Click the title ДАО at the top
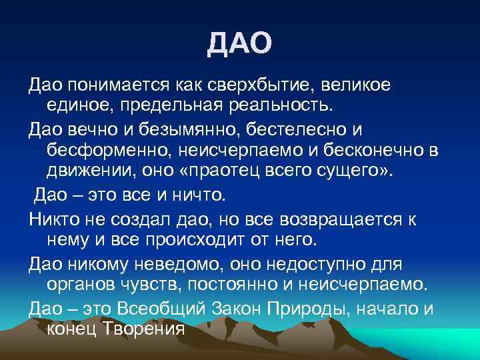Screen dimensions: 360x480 pos(239,44)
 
